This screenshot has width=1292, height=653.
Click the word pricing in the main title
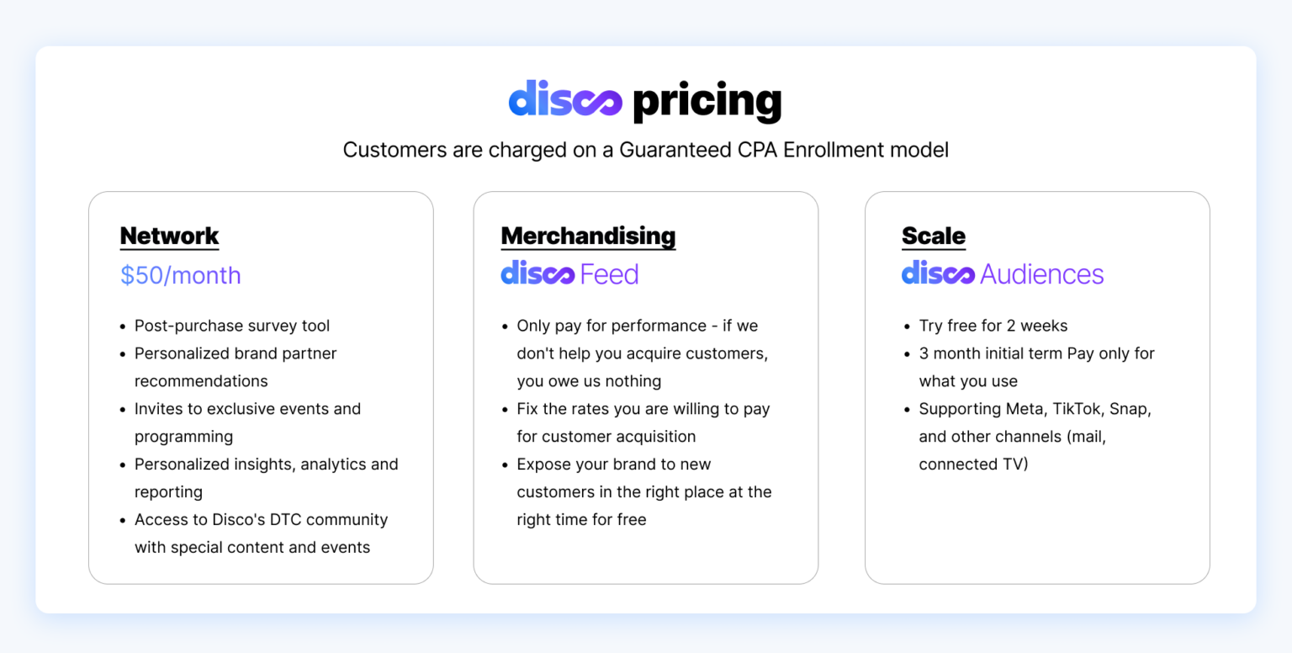point(707,103)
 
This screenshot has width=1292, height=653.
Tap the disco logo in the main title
point(565,101)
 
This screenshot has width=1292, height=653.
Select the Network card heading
point(169,236)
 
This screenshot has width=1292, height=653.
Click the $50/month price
point(180,275)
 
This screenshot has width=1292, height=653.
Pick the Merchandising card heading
point(588,236)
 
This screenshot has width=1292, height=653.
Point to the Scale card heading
point(934,236)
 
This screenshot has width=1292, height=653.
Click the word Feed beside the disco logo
point(609,274)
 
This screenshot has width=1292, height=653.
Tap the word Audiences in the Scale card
point(1041,274)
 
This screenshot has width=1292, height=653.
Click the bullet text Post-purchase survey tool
point(232,326)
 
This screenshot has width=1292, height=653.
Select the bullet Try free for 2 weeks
point(993,326)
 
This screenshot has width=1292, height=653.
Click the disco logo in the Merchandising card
point(537,273)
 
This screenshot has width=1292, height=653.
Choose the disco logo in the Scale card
point(938,273)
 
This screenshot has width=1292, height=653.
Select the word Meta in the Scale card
point(1025,409)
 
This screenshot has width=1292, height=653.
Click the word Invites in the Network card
point(160,409)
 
